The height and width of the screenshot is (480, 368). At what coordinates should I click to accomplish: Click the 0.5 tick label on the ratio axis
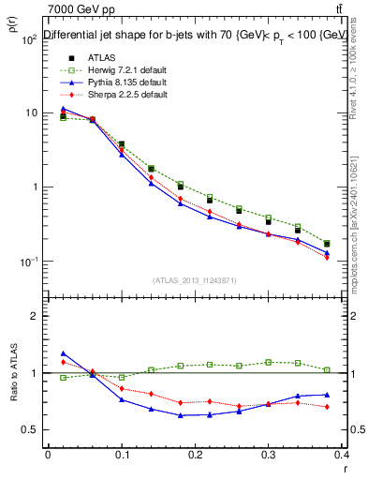tap(31, 429)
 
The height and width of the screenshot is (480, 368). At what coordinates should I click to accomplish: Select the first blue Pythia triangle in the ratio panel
tap(63, 353)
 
